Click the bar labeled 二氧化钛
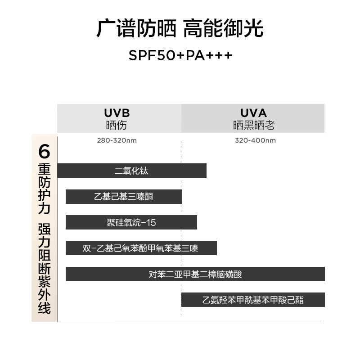pos(132,171)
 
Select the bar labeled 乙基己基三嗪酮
pos(123,197)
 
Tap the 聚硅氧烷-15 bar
pos(131,222)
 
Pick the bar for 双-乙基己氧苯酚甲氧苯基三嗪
pos(141,248)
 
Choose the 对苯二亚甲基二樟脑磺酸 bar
pos(195,274)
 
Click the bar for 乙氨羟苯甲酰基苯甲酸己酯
pos(253,300)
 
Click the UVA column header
pos(253,118)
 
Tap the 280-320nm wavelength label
pos(117,140)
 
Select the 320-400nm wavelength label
pos(255,140)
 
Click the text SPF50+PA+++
pos(180,55)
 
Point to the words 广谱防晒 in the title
pos(136,28)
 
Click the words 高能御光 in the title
pos(223,28)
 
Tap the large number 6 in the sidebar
pos(44,151)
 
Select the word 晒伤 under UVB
pos(117,126)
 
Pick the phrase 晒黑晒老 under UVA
pos(254,126)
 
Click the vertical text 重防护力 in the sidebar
pos(44,189)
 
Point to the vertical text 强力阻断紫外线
pos(44,268)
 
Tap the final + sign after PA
pos(228,55)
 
